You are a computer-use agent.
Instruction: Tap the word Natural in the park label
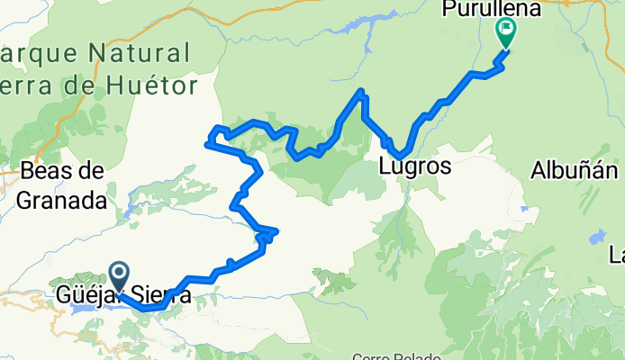click(x=145, y=51)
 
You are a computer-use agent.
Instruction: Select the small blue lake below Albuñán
click(x=596, y=238)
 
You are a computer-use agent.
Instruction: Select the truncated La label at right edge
click(x=617, y=253)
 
